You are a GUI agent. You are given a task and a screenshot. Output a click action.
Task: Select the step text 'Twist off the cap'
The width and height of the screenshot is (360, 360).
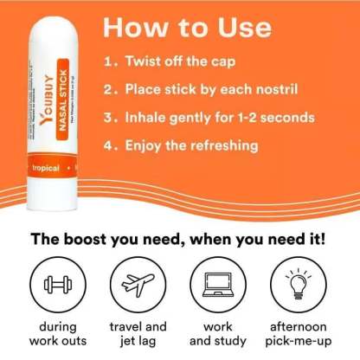[179, 63]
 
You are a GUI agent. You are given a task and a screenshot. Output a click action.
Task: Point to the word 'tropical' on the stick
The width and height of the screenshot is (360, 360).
[45, 167]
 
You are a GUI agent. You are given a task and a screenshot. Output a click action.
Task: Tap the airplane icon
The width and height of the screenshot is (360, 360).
[138, 284]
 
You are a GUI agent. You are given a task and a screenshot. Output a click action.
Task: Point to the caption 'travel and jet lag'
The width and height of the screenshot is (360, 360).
[138, 333]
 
